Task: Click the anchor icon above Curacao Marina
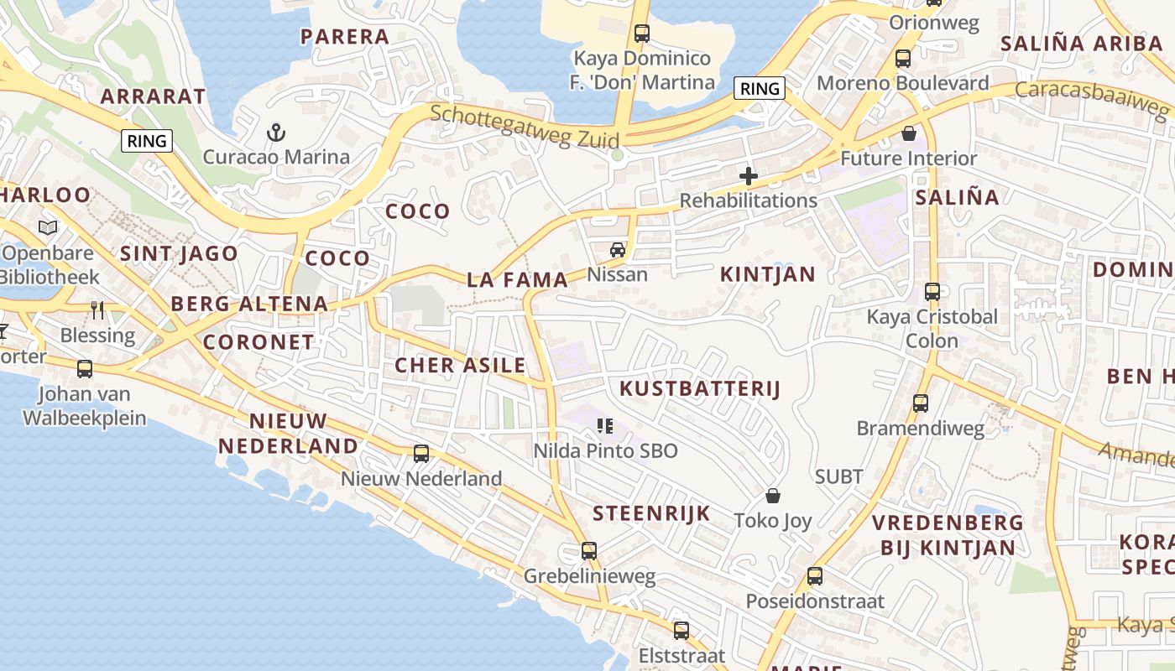276,132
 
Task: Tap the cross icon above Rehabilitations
748,176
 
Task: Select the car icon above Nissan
618,249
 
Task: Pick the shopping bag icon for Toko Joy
772,496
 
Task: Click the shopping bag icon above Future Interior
909,133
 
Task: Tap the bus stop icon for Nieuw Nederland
421,454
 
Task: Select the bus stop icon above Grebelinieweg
589,551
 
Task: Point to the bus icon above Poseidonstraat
815,576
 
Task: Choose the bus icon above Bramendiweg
921,403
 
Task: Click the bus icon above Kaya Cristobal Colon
932,292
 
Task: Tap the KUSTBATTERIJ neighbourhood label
700,388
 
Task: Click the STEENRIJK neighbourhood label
651,513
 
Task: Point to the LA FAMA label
517,280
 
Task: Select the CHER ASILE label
460,365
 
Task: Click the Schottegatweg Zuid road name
525,127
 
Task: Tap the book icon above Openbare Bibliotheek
49,227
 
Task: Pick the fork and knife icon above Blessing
97,310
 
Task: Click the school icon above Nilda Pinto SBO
605,426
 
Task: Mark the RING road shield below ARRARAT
147,141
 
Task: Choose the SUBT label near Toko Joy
839,476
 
